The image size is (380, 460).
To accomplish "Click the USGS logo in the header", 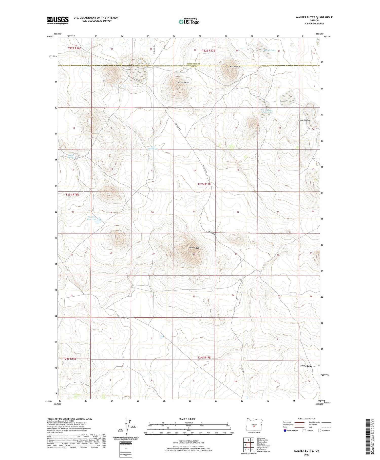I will pos(58,20).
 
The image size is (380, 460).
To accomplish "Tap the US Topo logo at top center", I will pos(189,22).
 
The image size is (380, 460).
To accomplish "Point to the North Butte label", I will pos(235,66).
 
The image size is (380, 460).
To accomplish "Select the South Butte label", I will pos(183,82).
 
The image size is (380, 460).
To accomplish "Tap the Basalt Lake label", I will pos(269,50).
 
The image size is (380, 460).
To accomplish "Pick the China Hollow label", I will pos(304,120).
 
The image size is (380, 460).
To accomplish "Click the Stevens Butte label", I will pos(306,366).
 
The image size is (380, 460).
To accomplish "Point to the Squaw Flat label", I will pos(125,318).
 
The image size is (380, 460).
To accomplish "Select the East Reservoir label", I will pos(153,148).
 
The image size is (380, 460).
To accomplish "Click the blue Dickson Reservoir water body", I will pos(98,221).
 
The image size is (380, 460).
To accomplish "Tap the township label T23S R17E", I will pos(204,184).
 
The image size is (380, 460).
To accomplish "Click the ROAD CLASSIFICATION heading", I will pos(307,419).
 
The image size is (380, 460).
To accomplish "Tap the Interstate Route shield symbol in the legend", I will pos(285,431).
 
